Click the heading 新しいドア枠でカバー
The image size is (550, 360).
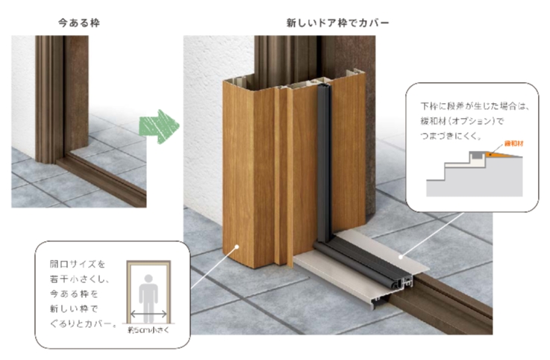click(337, 23)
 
